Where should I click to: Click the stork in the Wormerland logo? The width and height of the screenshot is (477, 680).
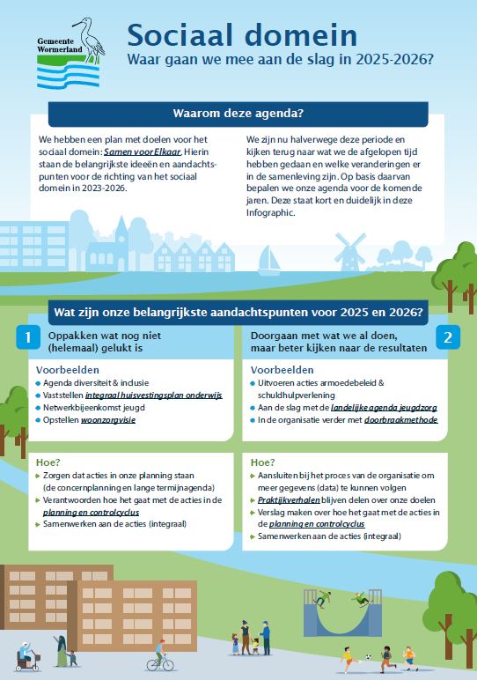click(x=87, y=36)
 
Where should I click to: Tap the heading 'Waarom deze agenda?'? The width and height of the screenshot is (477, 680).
click(x=238, y=114)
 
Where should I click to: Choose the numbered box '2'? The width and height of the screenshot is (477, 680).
click(x=447, y=337)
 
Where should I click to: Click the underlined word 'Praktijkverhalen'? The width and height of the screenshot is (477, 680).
click(x=290, y=499)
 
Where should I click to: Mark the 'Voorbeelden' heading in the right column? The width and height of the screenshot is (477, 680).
click(x=282, y=370)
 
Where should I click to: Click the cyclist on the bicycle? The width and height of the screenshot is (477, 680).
click(x=159, y=654)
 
